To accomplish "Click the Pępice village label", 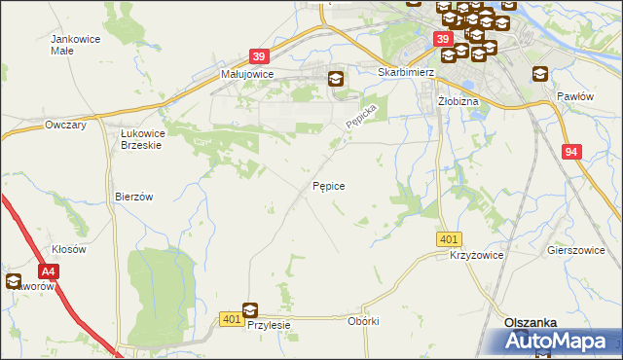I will (x=329, y=185).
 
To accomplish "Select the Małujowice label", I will (x=247, y=74).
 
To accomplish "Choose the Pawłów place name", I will (x=574, y=97).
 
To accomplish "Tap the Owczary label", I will (x=66, y=126).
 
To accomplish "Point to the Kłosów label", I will (x=69, y=249).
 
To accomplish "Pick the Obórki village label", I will (x=362, y=321).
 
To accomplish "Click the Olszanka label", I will (x=530, y=322).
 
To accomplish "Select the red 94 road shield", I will (x=572, y=152).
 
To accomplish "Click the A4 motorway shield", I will (x=49, y=273).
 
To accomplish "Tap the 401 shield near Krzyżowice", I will (x=449, y=239).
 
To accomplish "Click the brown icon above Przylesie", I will (x=250, y=310).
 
